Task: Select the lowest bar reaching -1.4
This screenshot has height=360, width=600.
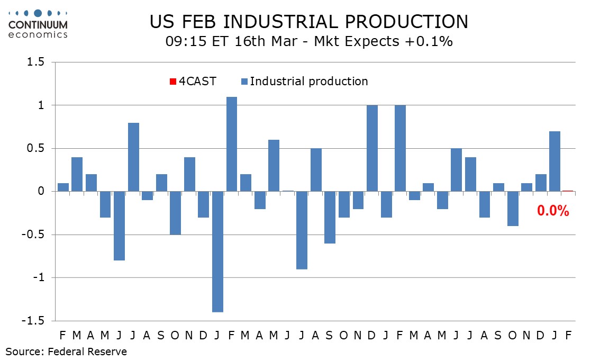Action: point(217,251)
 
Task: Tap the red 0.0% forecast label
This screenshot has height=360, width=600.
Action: point(553,211)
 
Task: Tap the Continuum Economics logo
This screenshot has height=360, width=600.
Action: point(38,24)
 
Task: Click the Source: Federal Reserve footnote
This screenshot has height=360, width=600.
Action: point(67,351)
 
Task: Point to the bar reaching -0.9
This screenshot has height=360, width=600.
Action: point(302,230)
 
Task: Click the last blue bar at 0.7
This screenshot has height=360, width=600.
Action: point(554,161)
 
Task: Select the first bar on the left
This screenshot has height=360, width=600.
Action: point(63,187)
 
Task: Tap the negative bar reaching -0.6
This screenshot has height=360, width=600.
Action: point(330,217)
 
